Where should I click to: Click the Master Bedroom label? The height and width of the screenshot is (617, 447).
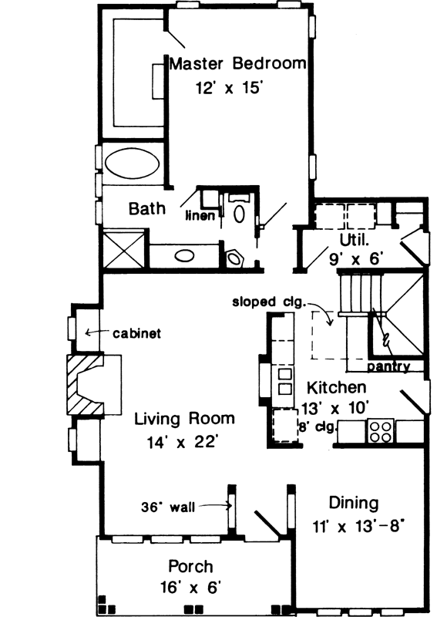click(x=237, y=64)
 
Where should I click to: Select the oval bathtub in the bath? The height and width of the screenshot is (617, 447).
click(x=132, y=164)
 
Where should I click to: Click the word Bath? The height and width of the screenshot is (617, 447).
click(x=146, y=208)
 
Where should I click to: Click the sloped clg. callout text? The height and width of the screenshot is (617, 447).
click(x=270, y=302)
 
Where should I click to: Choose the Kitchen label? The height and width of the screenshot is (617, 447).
click(x=336, y=386)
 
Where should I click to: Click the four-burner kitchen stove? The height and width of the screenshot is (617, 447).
click(x=381, y=430)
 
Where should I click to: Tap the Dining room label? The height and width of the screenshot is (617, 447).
click(x=353, y=504)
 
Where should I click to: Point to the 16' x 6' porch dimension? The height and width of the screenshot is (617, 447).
click(x=193, y=588)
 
